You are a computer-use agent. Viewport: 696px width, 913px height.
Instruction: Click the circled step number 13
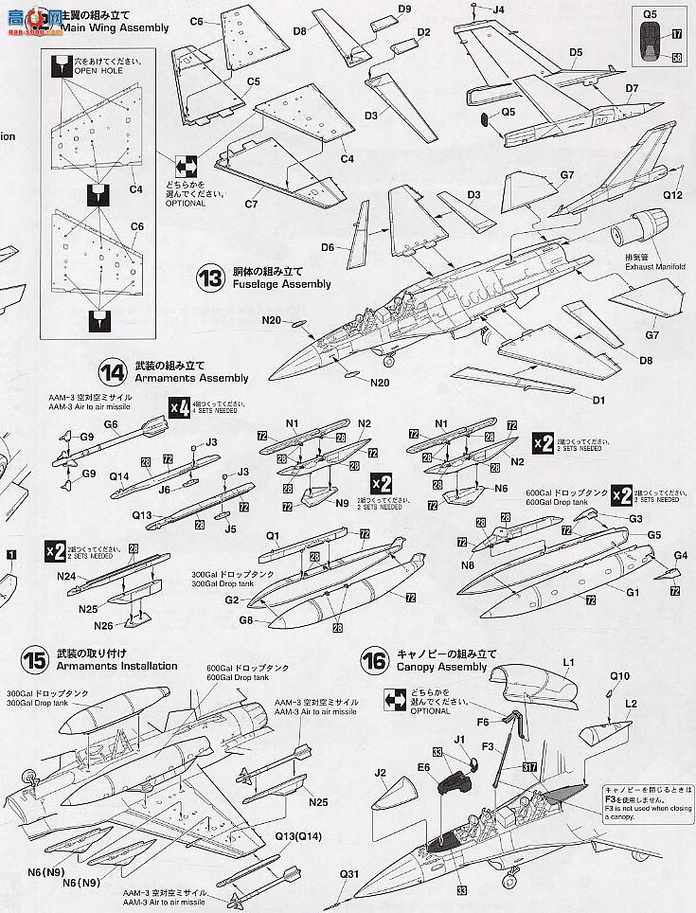pos(209,277)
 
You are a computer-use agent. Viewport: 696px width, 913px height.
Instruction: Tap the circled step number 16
pos(375,661)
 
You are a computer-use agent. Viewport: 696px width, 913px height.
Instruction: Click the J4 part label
pos(499,10)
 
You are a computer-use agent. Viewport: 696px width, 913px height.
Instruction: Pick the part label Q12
pos(672,195)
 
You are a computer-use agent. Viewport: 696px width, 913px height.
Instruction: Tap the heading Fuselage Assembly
pos(281,284)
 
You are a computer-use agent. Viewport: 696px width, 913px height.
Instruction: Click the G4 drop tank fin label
pos(679,555)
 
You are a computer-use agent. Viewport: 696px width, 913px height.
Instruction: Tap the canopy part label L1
pos(569,661)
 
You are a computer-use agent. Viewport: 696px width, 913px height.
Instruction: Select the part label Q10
pos(619,676)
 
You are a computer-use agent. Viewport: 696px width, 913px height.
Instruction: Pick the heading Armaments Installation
pos(116,666)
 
